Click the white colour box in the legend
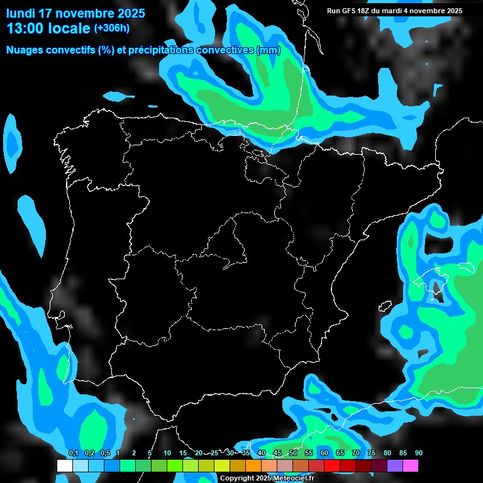pyautogui.click(x=64, y=466)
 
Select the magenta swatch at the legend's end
pyautogui.click(x=411, y=466)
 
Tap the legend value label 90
pyautogui.click(x=419, y=453)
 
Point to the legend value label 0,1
pyautogui.click(x=74, y=453)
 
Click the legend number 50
pyautogui.click(x=293, y=453)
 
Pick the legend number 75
pyautogui.click(x=372, y=453)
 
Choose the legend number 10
pyautogui.click(x=167, y=453)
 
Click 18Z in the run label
pyautogui.click(x=367, y=11)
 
